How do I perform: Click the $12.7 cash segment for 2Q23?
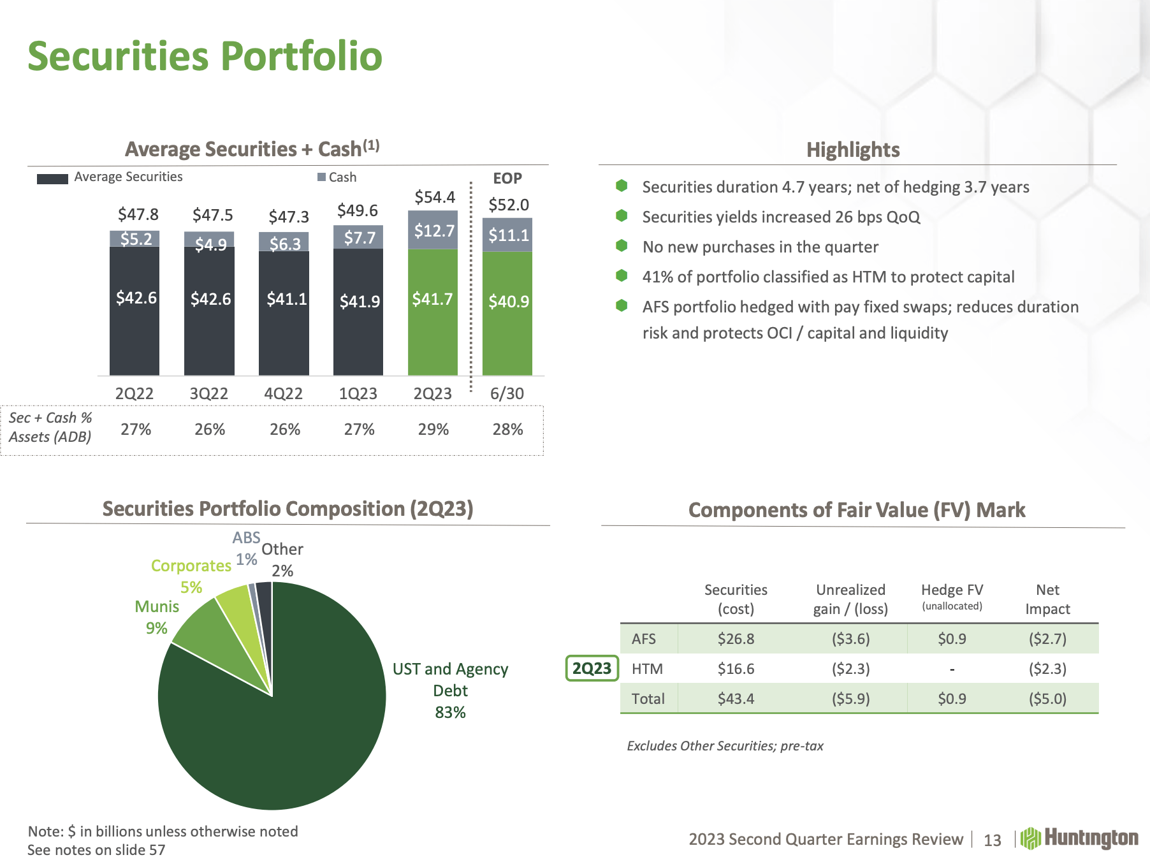point(433,230)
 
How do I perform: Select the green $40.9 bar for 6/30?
point(507,312)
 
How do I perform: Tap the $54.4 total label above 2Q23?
point(435,197)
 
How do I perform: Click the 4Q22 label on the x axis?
point(284,393)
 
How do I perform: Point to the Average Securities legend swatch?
point(52,179)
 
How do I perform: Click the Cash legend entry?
point(337,177)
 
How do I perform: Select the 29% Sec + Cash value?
point(433,429)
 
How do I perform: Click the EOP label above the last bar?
point(507,179)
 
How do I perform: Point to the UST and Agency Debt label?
point(450,690)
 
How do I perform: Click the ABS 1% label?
point(246,548)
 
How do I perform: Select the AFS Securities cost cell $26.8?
point(736,639)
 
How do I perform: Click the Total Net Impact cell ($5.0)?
point(1047,699)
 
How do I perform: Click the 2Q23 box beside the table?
point(592,668)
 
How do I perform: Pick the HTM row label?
point(647,669)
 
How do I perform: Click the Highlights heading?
point(853,150)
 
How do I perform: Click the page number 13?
point(993,840)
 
